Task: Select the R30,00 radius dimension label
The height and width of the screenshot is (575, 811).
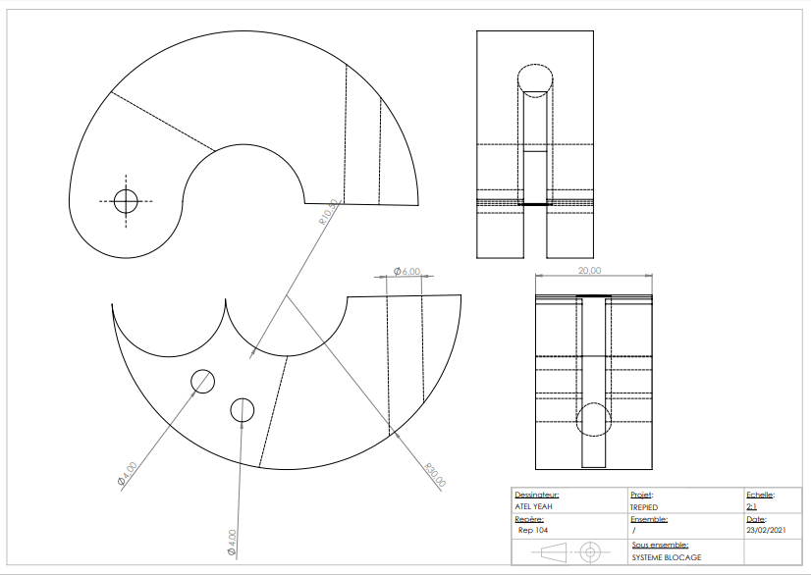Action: pyautogui.click(x=435, y=476)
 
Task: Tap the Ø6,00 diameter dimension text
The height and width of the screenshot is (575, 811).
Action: pyautogui.click(x=406, y=271)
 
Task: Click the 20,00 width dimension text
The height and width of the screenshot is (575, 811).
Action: pyautogui.click(x=590, y=271)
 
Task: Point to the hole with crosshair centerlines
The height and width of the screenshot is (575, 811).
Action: pyautogui.click(x=126, y=200)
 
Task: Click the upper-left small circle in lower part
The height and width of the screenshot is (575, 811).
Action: pyautogui.click(x=203, y=381)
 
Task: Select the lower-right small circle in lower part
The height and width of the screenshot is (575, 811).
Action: pyautogui.click(x=242, y=410)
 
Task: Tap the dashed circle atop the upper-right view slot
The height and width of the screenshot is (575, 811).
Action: pyautogui.click(x=535, y=78)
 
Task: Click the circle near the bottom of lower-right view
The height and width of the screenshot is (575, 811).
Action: pyautogui.click(x=593, y=419)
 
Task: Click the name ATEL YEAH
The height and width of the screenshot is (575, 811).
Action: pyautogui.click(x=534, y=507)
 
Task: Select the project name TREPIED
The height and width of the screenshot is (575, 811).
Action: pyautogui.click(x=644, y=507)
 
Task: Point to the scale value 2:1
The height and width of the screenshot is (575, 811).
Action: pyautogui.click(x=752, y=507)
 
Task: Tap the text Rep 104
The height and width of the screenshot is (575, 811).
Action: pyautogui.click(x=533, y=530)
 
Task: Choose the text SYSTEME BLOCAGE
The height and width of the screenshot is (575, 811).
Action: pyautogui.click(x=666, y=556)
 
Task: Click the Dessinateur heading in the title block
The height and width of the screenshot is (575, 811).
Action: pyautogui.click(x=537, y=496)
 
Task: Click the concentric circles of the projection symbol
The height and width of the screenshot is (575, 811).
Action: pyautogui.click(x=590, y=550)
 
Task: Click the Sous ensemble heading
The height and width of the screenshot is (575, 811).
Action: pyautogui.click(x=660, y=544)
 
